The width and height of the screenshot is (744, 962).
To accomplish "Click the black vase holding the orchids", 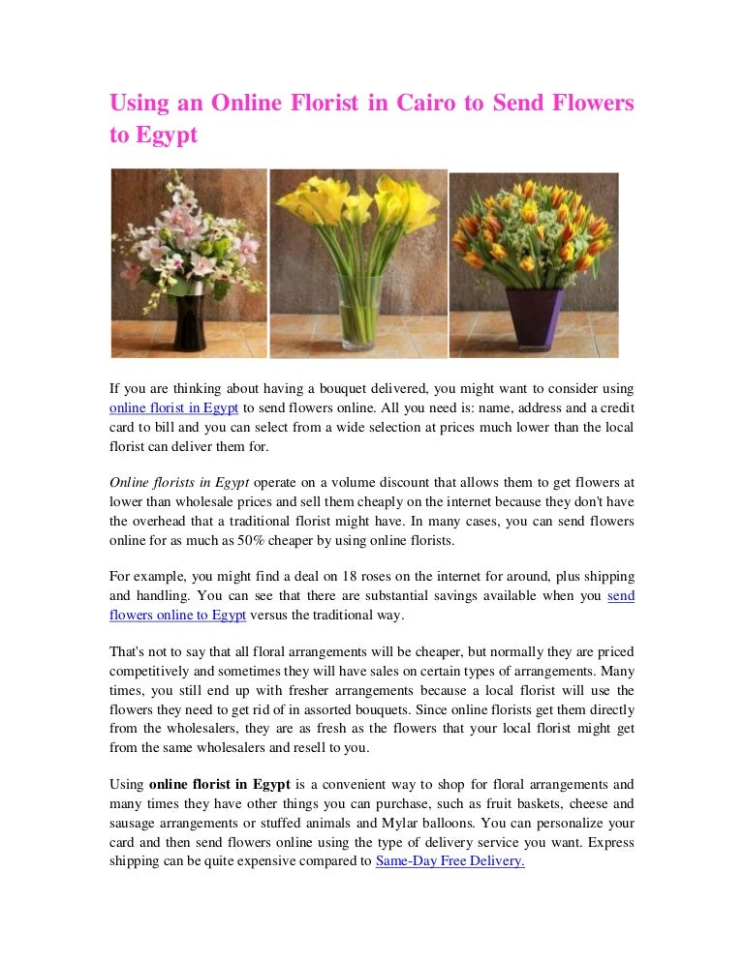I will [x=188, y=320].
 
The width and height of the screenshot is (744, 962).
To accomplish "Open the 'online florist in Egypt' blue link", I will [x=173, y=408].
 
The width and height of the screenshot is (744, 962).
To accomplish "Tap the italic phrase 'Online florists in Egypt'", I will [x=179, y=482].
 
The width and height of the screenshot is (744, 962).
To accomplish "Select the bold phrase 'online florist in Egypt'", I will [x=219, y=784].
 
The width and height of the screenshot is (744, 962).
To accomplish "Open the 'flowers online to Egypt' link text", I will [x=177, y=615].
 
